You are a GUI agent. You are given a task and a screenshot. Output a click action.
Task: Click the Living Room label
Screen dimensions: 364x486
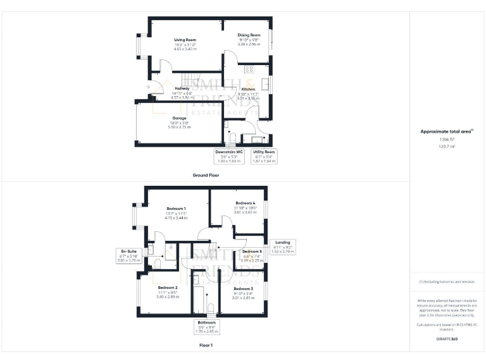[185, 40]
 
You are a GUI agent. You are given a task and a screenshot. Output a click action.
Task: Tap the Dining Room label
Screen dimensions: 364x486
[249, 35]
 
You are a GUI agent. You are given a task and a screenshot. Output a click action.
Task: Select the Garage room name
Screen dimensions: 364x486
[180, 118]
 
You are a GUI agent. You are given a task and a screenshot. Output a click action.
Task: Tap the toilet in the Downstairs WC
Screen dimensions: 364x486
[232, 138]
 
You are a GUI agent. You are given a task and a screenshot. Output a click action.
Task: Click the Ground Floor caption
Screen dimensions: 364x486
[206, 175]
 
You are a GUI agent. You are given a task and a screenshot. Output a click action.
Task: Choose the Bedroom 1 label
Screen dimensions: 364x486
[176, 209]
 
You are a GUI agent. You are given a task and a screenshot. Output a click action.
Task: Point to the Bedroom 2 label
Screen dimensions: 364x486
[167, 288]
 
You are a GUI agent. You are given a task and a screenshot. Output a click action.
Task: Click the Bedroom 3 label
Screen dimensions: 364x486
[243, 289]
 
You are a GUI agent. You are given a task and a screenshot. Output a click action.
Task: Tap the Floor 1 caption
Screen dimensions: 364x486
[206, 346]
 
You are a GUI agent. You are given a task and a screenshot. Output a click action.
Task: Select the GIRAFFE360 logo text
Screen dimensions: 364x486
[447, 339]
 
